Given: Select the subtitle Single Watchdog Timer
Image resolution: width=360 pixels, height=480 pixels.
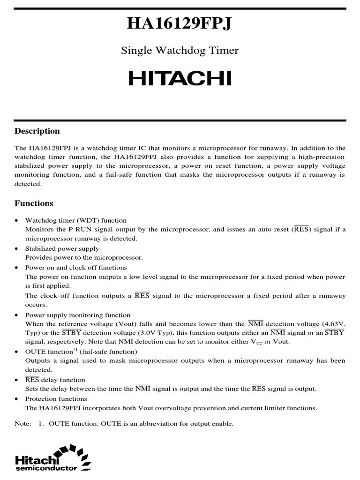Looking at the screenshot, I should point(180,51).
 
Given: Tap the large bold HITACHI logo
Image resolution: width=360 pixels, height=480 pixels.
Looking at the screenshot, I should point(180,79).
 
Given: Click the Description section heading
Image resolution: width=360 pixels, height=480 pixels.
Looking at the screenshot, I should point(37,131).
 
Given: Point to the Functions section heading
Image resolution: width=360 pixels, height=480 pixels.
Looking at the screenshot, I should point(34,203).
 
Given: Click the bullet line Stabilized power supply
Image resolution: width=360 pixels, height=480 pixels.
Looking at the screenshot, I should point(62,248).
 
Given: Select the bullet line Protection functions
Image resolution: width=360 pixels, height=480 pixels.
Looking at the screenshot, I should point(56,398).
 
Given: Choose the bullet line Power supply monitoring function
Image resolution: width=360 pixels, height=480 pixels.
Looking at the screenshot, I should point(78,315).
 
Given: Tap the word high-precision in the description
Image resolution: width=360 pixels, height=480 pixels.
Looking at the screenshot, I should point(322,157).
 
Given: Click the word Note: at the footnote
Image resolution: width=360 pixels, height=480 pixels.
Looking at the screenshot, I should point(22,423).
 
